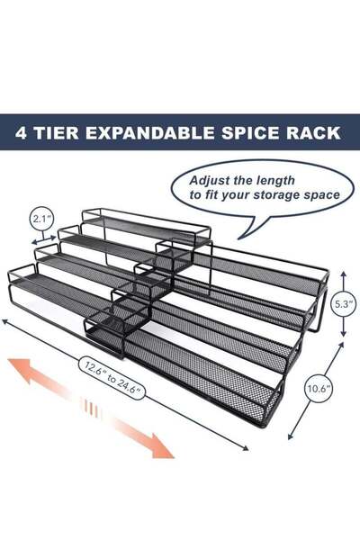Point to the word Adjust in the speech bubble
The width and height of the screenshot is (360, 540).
[211, 178]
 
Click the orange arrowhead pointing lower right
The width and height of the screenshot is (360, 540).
[163, 447]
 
